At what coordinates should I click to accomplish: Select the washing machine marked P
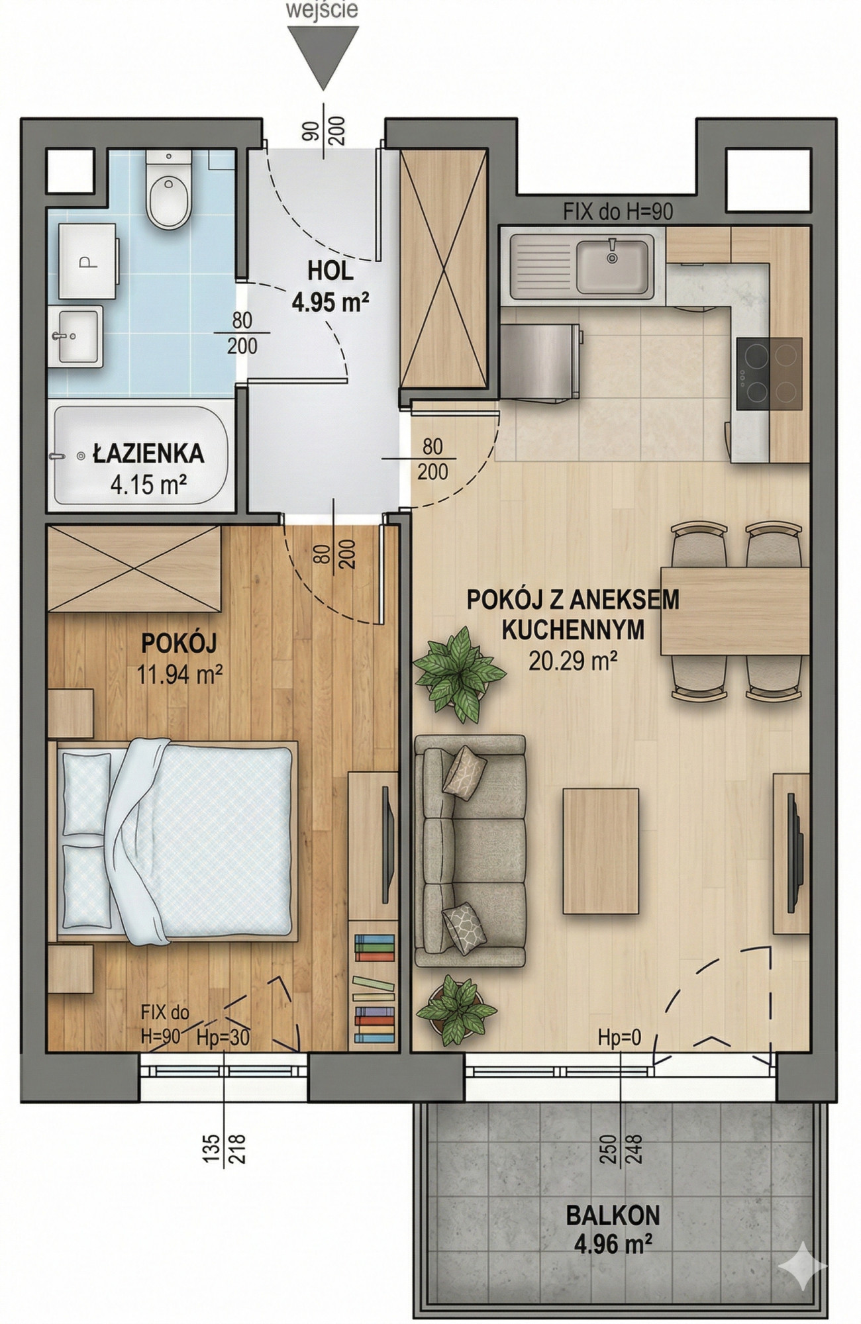click(88, 261)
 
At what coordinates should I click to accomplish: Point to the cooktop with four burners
click(769, 374)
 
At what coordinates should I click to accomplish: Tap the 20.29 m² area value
click(573, 660)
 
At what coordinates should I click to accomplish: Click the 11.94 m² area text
click(179, 675)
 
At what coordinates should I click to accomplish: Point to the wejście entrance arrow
click(323, 57)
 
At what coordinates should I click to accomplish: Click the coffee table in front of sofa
click(601, 851)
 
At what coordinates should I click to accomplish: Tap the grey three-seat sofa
click(470, 851)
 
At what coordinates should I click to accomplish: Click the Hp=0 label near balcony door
click(619, 1037)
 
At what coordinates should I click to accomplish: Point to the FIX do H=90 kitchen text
click(618, 212)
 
